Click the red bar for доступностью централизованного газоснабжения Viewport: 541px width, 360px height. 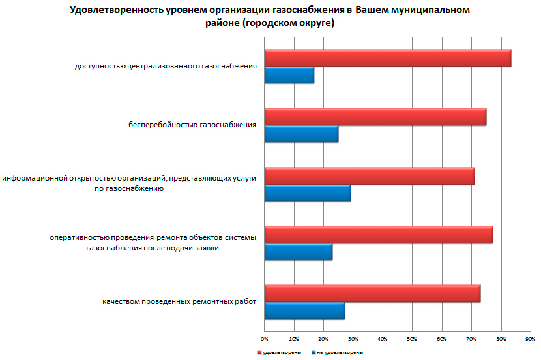point(387,58)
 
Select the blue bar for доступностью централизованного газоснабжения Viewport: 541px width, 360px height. point(289,76)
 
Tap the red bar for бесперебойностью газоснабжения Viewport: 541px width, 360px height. point(375,117)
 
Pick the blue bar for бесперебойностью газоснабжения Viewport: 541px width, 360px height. point(301,134)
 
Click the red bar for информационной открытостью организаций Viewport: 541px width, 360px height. point(369,176)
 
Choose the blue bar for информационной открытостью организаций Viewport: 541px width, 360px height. point(307,193)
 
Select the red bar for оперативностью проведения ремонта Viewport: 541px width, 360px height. point(378,235)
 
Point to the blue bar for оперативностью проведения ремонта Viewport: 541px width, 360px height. point(298,252)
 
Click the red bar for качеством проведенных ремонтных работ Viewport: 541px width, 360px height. point(372,293)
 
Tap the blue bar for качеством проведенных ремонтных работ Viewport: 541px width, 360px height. point(304,311)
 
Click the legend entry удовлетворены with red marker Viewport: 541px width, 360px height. point(279,352)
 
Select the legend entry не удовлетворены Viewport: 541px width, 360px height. point(338,352)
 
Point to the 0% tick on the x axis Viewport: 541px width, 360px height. point(264,339)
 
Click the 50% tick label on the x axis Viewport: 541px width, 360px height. point(412,339)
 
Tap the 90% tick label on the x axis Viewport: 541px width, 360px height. point(530,339)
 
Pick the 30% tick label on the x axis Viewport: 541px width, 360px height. point(353,339)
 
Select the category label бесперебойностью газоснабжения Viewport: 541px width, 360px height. point(192,125)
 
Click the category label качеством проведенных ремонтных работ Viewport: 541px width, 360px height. point(179,302)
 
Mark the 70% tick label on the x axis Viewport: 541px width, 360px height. point(471,339)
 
